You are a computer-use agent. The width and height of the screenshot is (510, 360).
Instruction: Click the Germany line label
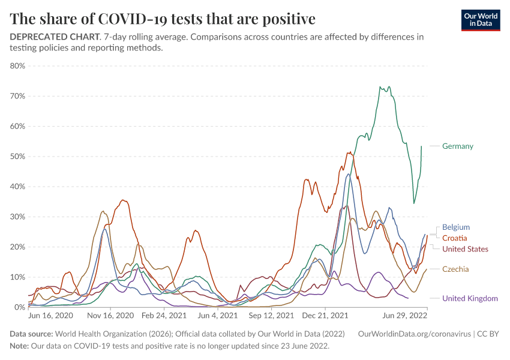point(457,146)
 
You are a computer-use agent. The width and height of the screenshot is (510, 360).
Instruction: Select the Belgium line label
point(455,227)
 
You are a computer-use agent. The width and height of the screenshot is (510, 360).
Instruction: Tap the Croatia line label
point(454,238)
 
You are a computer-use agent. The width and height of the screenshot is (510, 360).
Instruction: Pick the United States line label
point(465,249)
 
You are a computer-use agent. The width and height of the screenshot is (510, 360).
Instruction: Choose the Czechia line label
point(455,269)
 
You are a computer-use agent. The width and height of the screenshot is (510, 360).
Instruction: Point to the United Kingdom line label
point(470,298)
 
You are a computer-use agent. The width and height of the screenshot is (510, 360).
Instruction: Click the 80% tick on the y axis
point(17,66)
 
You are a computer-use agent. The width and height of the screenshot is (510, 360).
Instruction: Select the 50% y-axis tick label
point(17,157)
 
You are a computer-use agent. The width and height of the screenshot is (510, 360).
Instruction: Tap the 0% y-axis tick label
point(19,307)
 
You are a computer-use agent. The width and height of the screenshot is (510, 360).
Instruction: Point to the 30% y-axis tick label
point(17,217)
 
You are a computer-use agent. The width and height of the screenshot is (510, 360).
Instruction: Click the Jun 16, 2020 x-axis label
point(51,314)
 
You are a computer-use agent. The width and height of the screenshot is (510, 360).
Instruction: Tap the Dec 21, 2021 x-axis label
point(325,314)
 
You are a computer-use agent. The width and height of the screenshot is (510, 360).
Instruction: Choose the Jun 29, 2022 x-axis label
point(405,314)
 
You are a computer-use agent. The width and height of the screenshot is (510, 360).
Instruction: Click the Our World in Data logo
point(481,20)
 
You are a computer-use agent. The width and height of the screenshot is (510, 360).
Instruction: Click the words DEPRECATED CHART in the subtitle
point(55,37)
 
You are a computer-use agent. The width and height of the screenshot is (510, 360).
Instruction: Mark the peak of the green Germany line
point(380,86)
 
